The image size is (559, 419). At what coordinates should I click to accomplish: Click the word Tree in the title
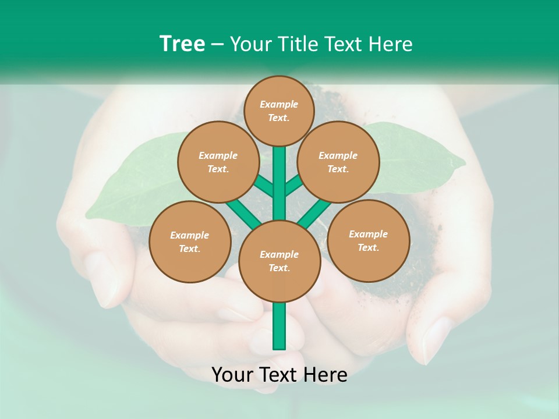pos(182,44)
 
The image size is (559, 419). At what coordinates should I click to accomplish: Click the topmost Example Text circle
pos(279,111)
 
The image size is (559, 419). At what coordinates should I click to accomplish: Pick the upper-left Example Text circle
pos(218,162)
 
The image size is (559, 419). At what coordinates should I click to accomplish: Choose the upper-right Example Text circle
pos(338,162)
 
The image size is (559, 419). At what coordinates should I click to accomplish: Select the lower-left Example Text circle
pos(190,242)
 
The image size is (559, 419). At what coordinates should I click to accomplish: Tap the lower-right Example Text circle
pos(369,240)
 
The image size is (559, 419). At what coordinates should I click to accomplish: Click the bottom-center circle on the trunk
pos(279,261)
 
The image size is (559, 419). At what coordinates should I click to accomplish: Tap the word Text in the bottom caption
pos(277,375)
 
